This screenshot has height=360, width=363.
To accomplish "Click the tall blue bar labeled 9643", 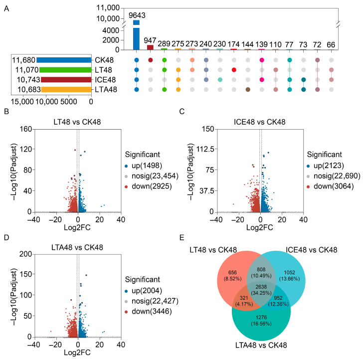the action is (x=136, y=35).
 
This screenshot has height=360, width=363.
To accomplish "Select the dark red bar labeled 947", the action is (x=150, y=47).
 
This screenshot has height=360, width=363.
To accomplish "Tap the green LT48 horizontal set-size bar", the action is (x=65, y=70).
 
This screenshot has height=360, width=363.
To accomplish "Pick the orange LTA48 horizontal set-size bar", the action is (x=66, y=89).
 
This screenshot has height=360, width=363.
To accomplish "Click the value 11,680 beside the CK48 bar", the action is (x=23, y=60).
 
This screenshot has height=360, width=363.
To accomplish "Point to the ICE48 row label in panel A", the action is (x=105, y=80).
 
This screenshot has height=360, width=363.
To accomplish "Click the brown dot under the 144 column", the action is (x=248, y=90).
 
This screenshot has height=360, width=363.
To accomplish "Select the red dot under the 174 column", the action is (x=234, y=70).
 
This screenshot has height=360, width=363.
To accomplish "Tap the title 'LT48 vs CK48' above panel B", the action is (x=77, y=122).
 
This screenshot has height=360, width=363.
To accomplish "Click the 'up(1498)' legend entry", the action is (x=144, y=166).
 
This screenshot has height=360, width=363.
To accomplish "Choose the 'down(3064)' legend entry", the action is (x=331, y=186).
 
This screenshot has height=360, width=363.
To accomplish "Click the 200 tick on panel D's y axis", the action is (x=26, y=254).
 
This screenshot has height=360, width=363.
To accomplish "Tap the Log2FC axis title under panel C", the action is (x=259, y=227).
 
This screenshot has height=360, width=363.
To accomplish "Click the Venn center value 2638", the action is (x=261, y=287).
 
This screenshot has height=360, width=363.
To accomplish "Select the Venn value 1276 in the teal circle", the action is (x=261, y=318).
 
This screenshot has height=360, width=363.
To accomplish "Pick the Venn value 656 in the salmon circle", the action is (x=232, y=273).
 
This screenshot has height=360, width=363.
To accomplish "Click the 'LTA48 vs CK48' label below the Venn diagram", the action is (x=261, y=345).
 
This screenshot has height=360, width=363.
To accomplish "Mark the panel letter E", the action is (x=181, y=238).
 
